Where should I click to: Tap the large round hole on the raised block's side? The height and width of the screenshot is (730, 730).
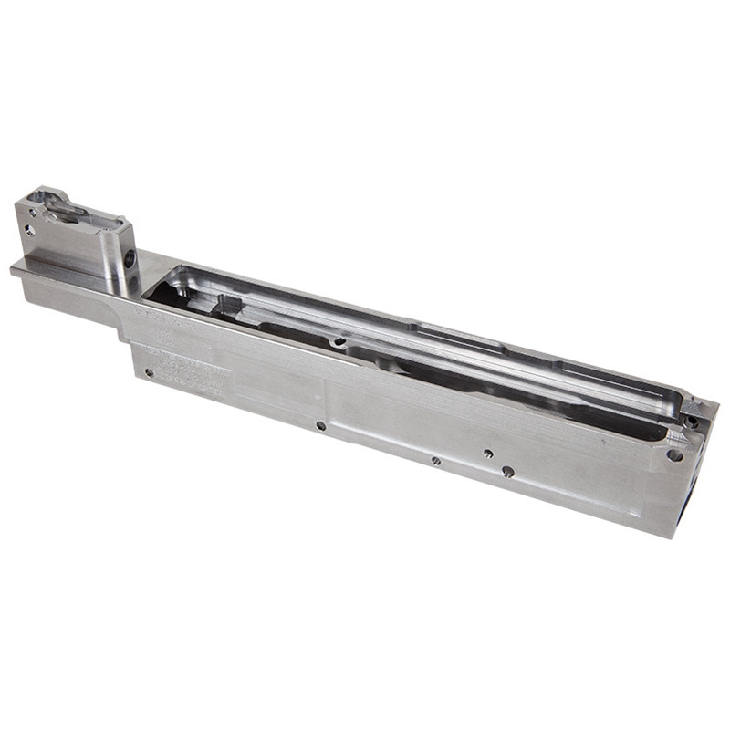click(x=130, y=259)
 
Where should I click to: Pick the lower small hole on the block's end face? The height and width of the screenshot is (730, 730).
click(x=30, y=231)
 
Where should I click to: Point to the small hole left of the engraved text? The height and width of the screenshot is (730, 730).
click(x=149, y=372)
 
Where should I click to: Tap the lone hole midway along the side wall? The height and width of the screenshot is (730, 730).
click(x=320, y=425)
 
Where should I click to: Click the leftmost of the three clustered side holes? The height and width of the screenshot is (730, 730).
click(x=436, y=461)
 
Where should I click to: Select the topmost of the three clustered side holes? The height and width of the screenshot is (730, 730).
click(x=488, y=454)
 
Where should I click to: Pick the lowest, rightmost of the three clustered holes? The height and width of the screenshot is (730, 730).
click(x=507, y=472)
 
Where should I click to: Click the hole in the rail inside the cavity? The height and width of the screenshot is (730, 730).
click(x=339, y=342)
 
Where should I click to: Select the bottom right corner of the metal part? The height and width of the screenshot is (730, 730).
click(x=673, y=537)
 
